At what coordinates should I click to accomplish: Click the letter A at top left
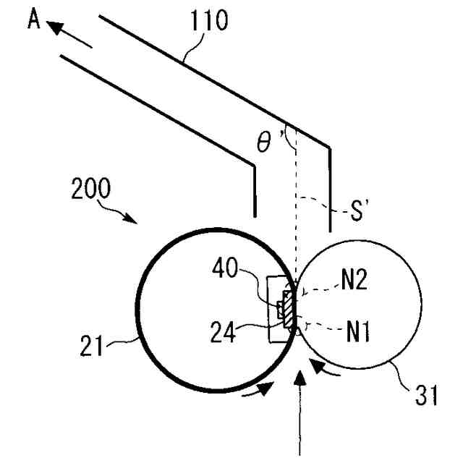coord(33,20)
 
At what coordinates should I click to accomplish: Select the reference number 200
coord(91,190)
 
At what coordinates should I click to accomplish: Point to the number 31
coord(427,396)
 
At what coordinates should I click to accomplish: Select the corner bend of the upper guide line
coord(330,149)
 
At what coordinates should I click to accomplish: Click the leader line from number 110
coord(190,51)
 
